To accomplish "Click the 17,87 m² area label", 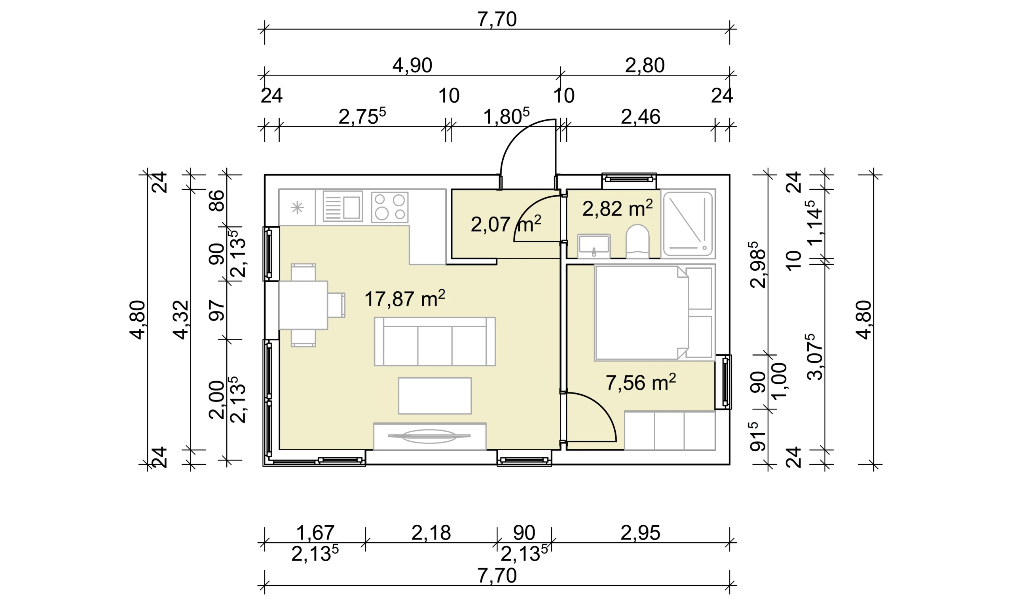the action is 405,298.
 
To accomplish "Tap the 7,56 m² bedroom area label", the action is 640,382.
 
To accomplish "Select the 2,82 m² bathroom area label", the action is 617,209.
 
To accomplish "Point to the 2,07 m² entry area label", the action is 506,224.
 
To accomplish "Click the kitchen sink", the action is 343,206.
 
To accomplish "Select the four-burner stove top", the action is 389,207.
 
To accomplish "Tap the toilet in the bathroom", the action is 637,241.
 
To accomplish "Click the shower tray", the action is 688,224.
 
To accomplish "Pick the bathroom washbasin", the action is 594,246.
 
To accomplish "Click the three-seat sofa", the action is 434,341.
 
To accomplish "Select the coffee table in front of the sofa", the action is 434,396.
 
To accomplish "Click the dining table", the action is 303,305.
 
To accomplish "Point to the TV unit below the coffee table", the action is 430,436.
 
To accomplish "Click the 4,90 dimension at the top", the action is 412,65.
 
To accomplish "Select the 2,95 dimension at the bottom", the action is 640,533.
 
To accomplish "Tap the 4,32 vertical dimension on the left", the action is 180,320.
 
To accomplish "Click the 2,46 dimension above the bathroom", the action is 640,117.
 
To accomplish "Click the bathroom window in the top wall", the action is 629,178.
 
